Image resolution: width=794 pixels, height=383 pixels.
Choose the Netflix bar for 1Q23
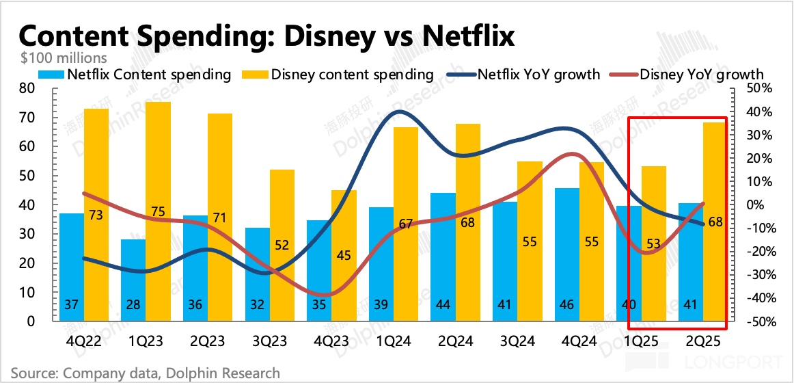(x=134, y=280)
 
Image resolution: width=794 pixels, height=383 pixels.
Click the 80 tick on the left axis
(x=27, y=89)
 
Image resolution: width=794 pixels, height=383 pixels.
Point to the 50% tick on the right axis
(x=760, y=89)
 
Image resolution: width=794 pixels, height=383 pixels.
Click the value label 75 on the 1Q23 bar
(x=159, y=212)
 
